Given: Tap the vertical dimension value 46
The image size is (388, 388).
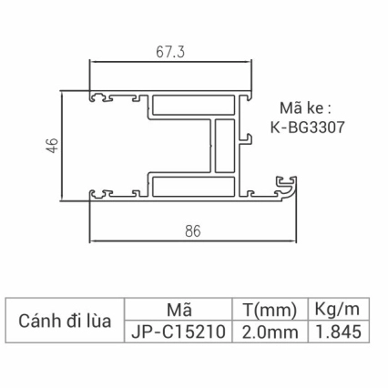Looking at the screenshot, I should tap(52, 144).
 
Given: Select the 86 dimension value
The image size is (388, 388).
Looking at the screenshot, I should tap(192, 231).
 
